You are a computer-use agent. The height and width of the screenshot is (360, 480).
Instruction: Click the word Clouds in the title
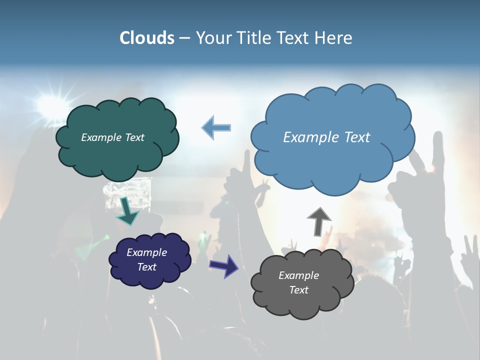pos(146,38)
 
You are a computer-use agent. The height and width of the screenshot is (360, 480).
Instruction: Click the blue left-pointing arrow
pos(216,127)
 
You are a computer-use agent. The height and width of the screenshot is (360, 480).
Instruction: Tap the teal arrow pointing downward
pos(127,210)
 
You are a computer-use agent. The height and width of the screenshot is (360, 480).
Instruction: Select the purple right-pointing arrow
pos(223,265)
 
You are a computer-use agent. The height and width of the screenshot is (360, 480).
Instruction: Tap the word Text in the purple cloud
pos(146,267)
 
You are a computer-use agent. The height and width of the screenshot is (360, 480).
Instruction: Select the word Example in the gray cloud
pos(298,275)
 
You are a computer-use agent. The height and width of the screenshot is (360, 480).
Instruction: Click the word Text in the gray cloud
pos(298,290)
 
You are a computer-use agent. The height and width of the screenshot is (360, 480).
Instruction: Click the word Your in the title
pos(208,38)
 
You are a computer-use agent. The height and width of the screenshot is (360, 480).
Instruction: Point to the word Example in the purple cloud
pos(146,252)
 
